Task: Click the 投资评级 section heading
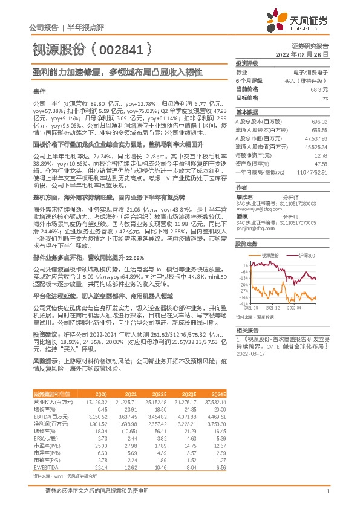tap(247, 63)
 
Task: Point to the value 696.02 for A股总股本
tap(319, 122)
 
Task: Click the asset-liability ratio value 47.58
tap(321, 163)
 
